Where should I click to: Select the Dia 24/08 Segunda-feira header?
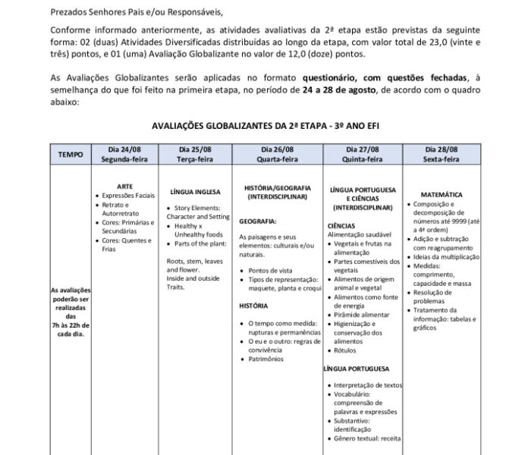(x=125, y=154)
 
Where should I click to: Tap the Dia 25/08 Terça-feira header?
(x=200, y=154)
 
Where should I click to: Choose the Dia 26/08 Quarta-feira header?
(x=276, y=154)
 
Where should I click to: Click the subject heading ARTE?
(x=126, y=186)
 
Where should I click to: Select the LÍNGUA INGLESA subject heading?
(x=196, y=192)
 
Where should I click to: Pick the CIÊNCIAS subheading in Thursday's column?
(x=342, y=226)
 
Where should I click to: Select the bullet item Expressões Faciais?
(x=128, y=195)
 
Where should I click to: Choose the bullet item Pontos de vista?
(x=270, y=270)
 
